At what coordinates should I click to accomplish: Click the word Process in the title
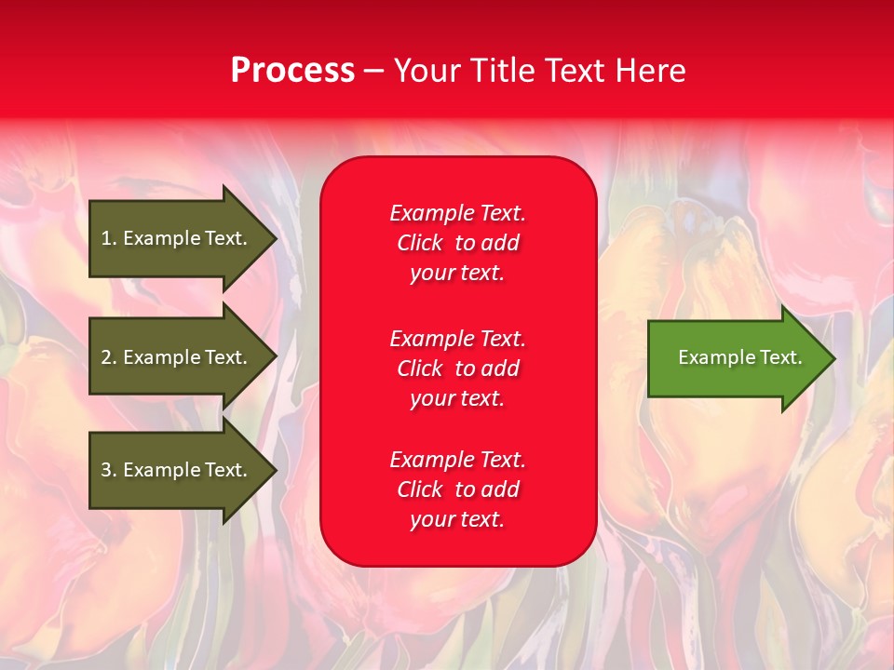293,71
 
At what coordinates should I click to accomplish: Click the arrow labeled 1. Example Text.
183,238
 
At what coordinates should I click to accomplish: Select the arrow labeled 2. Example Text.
183,356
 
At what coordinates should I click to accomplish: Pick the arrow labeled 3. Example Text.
183,470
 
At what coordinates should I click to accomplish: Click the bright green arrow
741,358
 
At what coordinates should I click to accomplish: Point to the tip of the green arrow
835,358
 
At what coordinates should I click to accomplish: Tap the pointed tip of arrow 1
278,239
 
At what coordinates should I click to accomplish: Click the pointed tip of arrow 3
278,470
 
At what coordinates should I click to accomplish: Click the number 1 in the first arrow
106,238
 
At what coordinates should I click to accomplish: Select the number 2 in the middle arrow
106,357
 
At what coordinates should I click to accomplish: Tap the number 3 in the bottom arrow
106,469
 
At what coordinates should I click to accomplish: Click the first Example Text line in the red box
458,213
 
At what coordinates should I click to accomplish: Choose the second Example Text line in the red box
458,339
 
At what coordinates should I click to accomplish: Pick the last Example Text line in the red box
458,460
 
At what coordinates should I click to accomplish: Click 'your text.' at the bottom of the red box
457,519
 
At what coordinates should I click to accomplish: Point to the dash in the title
373,73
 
